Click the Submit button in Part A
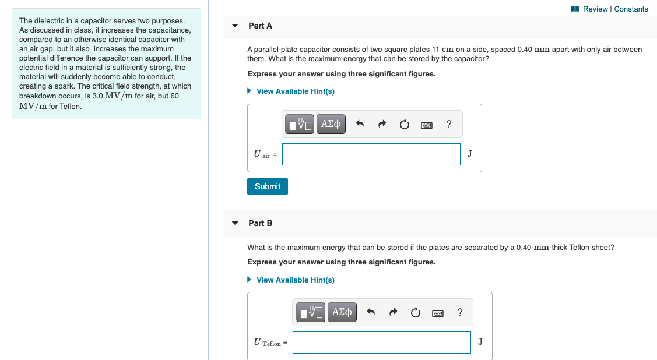268,186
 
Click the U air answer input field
371,154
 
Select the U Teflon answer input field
381,343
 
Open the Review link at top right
595,9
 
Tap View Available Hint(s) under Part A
295,91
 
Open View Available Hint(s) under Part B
295,280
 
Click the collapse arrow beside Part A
235,26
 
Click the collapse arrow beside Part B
235,223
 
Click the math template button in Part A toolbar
300,124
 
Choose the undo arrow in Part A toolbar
360,124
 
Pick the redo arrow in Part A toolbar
382,124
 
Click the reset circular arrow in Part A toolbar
404,124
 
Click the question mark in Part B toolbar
460,312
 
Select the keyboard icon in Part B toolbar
438,313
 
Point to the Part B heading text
260,223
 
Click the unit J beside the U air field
470,153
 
